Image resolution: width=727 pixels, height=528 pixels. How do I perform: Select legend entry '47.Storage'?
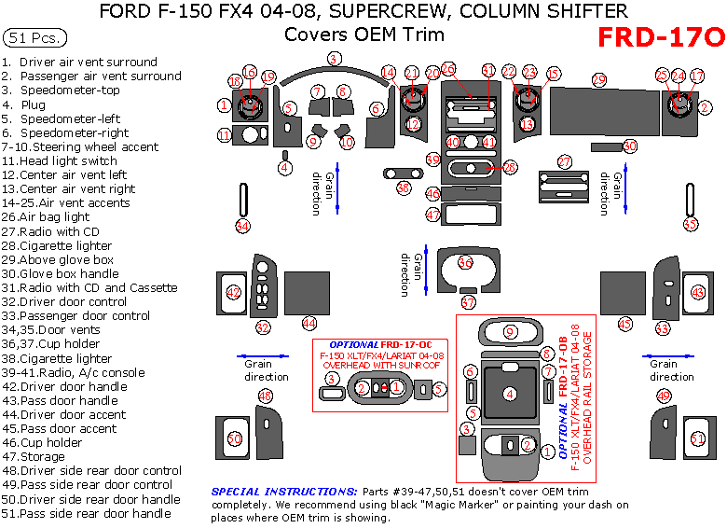[34, 457]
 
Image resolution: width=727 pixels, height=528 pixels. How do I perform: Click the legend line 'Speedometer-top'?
[70, 90]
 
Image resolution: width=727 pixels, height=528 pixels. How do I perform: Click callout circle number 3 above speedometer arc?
[333, 59]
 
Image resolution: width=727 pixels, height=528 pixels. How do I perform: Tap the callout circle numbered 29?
[598, 80]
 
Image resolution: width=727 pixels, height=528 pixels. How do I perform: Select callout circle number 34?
[243, 225]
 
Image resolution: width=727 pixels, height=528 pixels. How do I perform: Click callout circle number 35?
[690, 224]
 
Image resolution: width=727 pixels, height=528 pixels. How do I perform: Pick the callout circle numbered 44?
[309, 323]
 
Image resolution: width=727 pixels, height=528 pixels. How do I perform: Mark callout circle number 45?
[624, 324]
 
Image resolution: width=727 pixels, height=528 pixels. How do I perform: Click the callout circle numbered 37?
[468, 302]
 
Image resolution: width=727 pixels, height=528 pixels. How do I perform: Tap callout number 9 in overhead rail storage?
[510, 331]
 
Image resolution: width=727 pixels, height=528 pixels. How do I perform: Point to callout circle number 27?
[565, 161]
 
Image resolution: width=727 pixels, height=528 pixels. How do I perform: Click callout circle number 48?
[266, 396]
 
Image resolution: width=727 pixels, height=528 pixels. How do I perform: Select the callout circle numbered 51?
[696, 438]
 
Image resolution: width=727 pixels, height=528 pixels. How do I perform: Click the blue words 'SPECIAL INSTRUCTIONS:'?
[284, 491]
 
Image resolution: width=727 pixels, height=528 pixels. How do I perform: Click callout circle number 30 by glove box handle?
[630, 146]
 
